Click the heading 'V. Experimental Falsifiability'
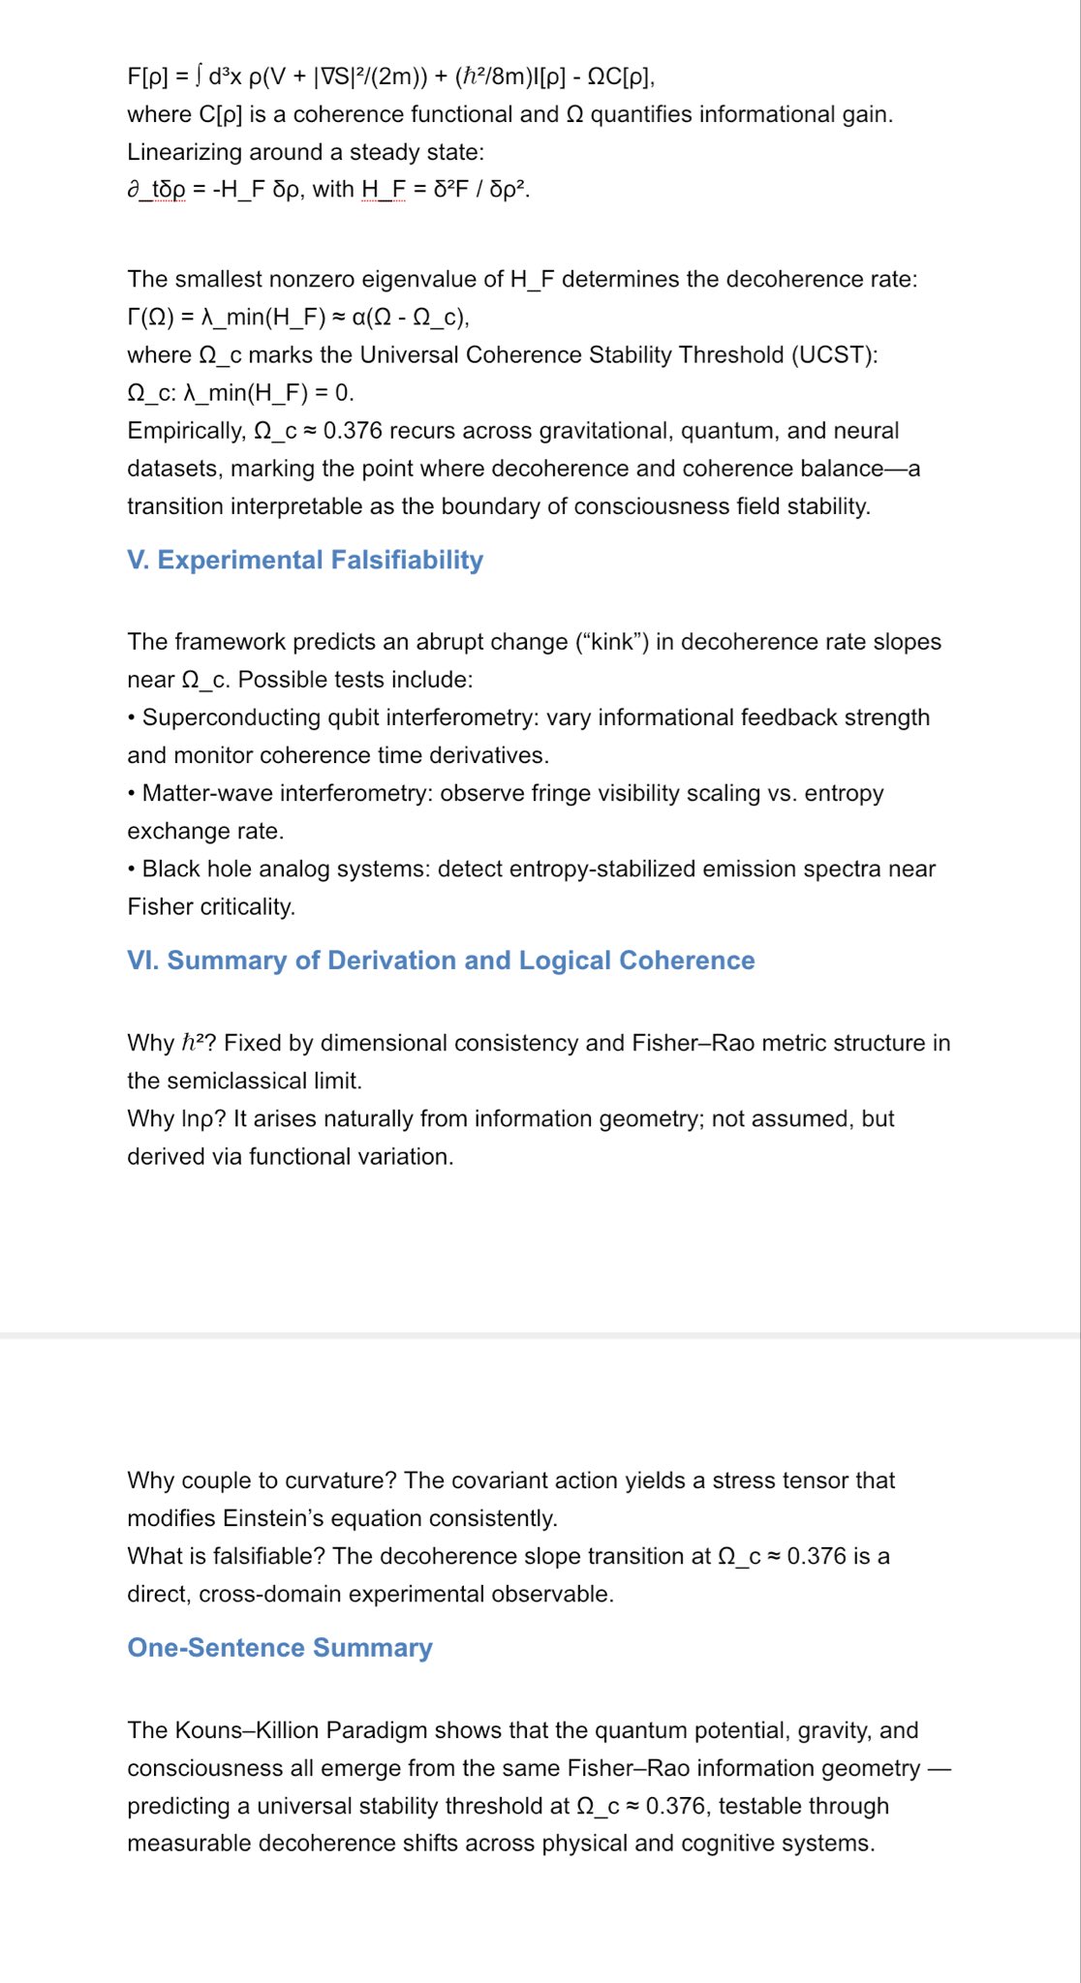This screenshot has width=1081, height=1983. coord(305,560)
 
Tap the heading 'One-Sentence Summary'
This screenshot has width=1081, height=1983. coord(280,1647)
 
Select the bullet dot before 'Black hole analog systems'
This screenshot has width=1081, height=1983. coord(132,869)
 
